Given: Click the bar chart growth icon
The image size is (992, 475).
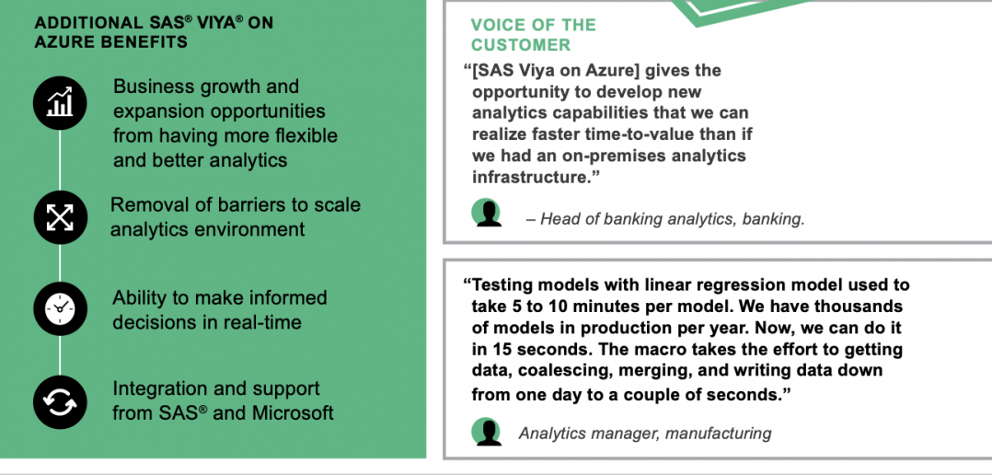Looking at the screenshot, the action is (60, 102).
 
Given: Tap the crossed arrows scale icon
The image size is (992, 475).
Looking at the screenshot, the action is (60, 217).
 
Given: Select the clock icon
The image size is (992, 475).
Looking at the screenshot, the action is (60, 308).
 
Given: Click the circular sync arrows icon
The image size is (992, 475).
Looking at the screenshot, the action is (60, 402).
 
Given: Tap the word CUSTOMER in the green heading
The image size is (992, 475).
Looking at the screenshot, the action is (521, 45).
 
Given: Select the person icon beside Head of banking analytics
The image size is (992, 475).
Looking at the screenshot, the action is (487, 213).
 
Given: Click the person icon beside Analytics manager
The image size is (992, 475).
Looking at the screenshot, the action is (487, 432).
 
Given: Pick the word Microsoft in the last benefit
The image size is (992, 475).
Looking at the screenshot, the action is (293, 413).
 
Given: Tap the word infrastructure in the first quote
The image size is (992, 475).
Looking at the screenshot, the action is (531, 177).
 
